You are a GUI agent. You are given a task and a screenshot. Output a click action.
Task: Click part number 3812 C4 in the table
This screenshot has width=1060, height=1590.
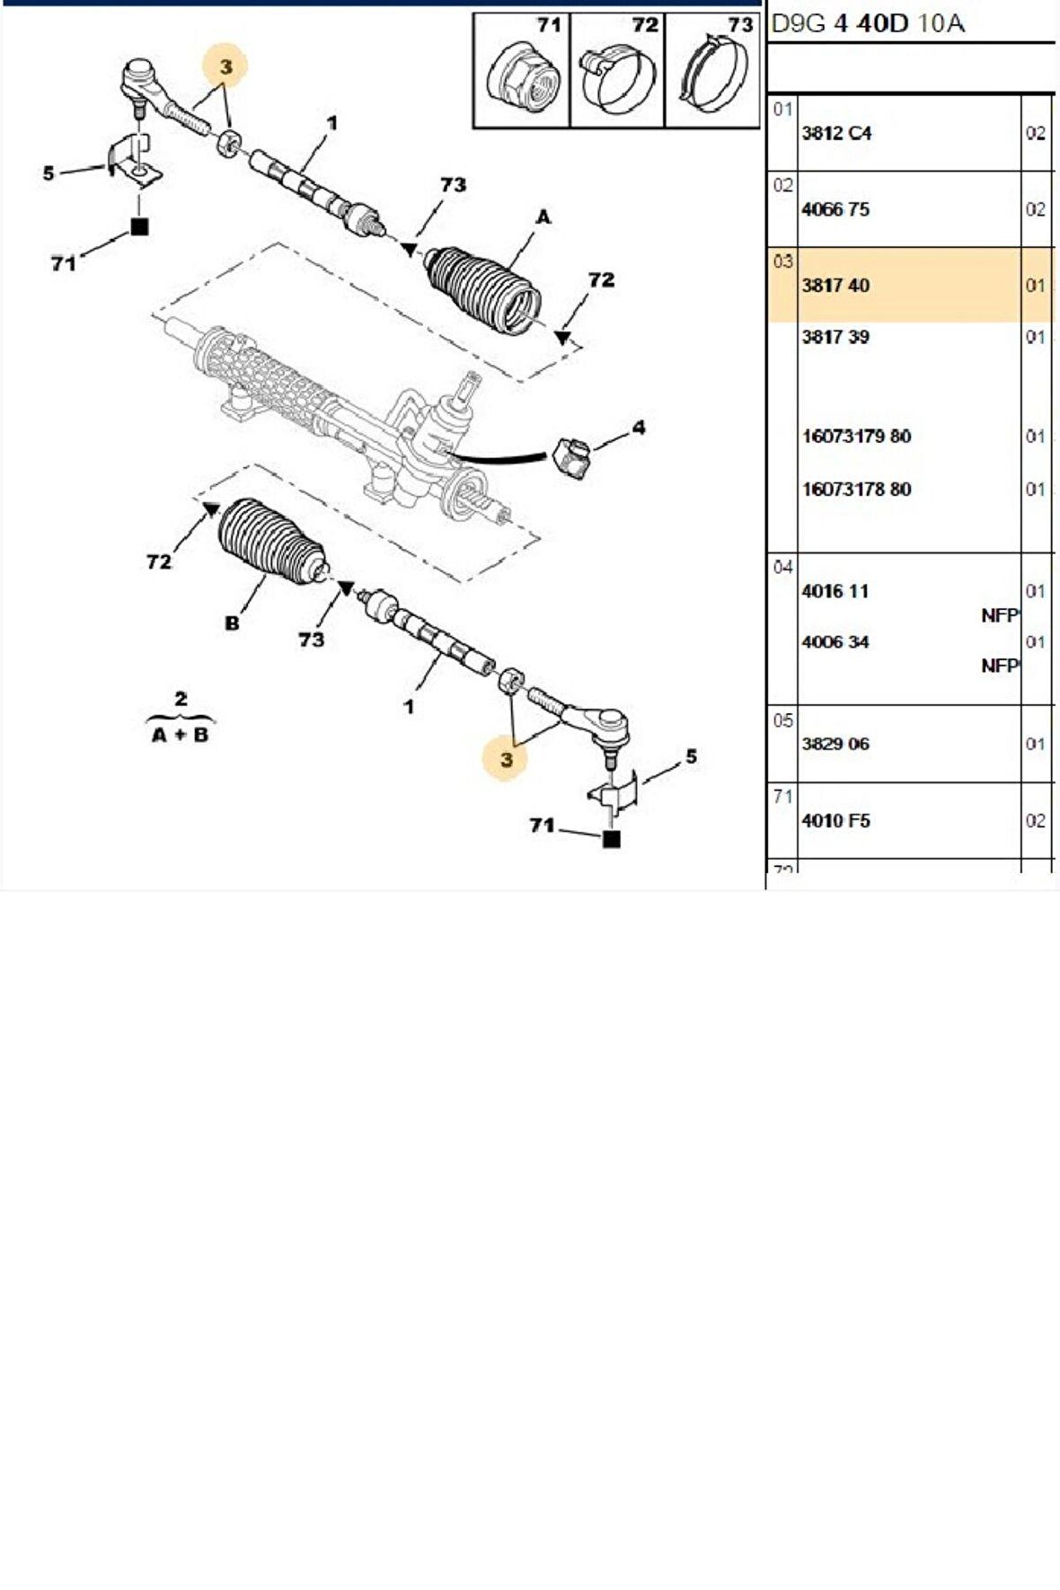pyautogui.click(x=836, y=133)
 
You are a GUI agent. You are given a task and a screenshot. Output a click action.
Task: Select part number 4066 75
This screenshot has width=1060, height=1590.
pyautogui.click(x=835, y=209)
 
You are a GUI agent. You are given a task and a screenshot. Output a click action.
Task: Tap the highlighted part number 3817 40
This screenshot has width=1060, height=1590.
pyautogui.click(x=835, y=286)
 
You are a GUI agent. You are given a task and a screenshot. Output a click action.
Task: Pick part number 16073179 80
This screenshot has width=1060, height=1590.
pyautogui.click(x=856, y=437)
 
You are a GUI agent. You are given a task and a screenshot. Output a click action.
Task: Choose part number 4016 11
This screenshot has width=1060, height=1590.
pyautogui.click(x=835, y=591)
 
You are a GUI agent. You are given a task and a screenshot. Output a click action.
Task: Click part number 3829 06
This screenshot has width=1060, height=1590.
pyautogui.click(x=835, y=744)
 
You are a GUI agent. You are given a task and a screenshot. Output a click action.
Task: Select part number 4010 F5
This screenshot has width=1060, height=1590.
pyautogui.click(x=835, y=820)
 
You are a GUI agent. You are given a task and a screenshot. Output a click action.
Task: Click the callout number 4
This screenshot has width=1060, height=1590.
pyautogui.click(x=638, y=428)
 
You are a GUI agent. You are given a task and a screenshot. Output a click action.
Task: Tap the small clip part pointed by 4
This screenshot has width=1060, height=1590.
pyautogui.click(x=571, y=455)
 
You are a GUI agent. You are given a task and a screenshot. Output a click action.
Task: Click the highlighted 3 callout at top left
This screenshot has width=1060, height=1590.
pyautogui.click(x=225, y=66)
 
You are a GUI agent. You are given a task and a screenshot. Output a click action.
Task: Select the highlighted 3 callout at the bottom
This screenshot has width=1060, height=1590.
pyautogui.click(x=507, y=759)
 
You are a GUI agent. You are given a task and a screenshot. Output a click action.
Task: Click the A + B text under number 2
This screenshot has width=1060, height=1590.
pyautogui.click(x=180, y=735)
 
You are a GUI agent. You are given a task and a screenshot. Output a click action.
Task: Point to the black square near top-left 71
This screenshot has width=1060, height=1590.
pyautogui.click(x=139, y=227)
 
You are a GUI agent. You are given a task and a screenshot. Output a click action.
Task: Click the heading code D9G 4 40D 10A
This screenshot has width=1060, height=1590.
pyautogui.click(x=868, y=23)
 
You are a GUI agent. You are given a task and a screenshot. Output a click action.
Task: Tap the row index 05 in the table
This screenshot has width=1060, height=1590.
pyautogui.click(x=782, y=720)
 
